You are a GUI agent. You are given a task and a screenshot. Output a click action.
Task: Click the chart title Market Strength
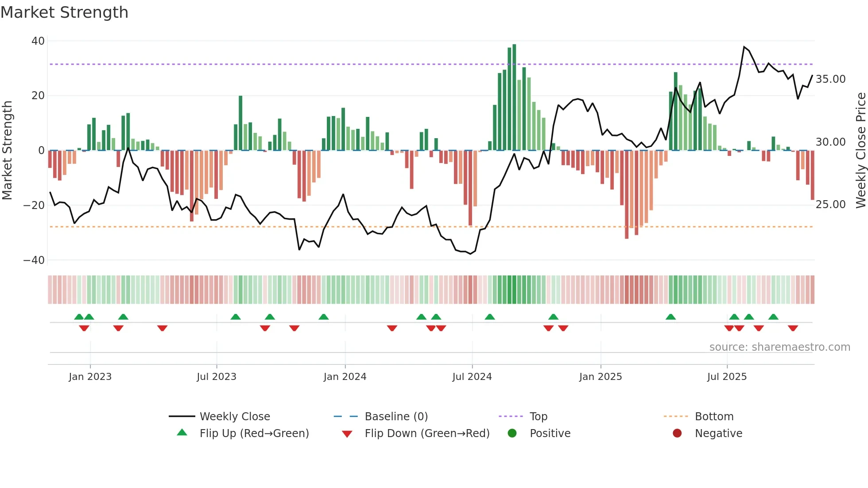pyautogui.click(x=64, y=12)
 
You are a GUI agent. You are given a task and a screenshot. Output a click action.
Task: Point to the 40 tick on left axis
pyautogui.click(x=38, y=41)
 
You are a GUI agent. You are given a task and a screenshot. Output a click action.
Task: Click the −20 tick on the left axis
pyautogui.click(x=34, y=205)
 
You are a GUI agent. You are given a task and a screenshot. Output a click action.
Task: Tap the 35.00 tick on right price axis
pyautogui.click(x=830, y=79)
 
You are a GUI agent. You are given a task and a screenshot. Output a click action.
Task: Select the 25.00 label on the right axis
pyautogui.click(x=830, y=205)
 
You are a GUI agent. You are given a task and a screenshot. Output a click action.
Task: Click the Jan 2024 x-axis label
pyautogui.click(x=345, y=377)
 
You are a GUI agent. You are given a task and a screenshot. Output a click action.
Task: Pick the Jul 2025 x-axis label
pyautogui.click(x=727, y=377)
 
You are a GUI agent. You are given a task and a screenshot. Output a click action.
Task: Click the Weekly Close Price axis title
pyautogui.click(x=860, y=151)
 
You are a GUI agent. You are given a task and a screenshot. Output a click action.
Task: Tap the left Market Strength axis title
pyautogui.click(x=8, y=151)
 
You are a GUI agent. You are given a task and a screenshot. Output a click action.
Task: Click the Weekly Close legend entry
pyautogui.click(x=235, y=417)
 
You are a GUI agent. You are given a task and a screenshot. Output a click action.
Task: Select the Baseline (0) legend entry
pyautogui.click(x=396, y=417)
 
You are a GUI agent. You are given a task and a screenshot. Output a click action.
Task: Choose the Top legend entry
pyautogui.click(x=538, y=417)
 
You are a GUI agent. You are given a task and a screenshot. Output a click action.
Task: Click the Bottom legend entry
pyautogui.click(x=714, y=417)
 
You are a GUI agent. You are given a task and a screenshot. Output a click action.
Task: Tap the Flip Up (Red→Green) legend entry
pyautogui.click(x=254, y=434)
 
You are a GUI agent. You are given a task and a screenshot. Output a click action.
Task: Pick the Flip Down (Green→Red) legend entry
pyautogui.click(x=427, y=434)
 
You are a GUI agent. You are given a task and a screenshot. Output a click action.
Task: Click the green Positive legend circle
pyautogui.click(x=512, y=434)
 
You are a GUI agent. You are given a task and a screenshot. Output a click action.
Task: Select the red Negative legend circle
pyautogui.click(x=677, y=434)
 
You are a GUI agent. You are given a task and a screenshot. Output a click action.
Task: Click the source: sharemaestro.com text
pyautogui.click(x=779, y=347)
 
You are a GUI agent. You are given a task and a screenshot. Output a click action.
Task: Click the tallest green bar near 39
pyautogui.click(x=514, y=97)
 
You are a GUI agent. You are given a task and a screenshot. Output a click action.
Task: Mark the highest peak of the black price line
pyautogui.click(x=744, y=47)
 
